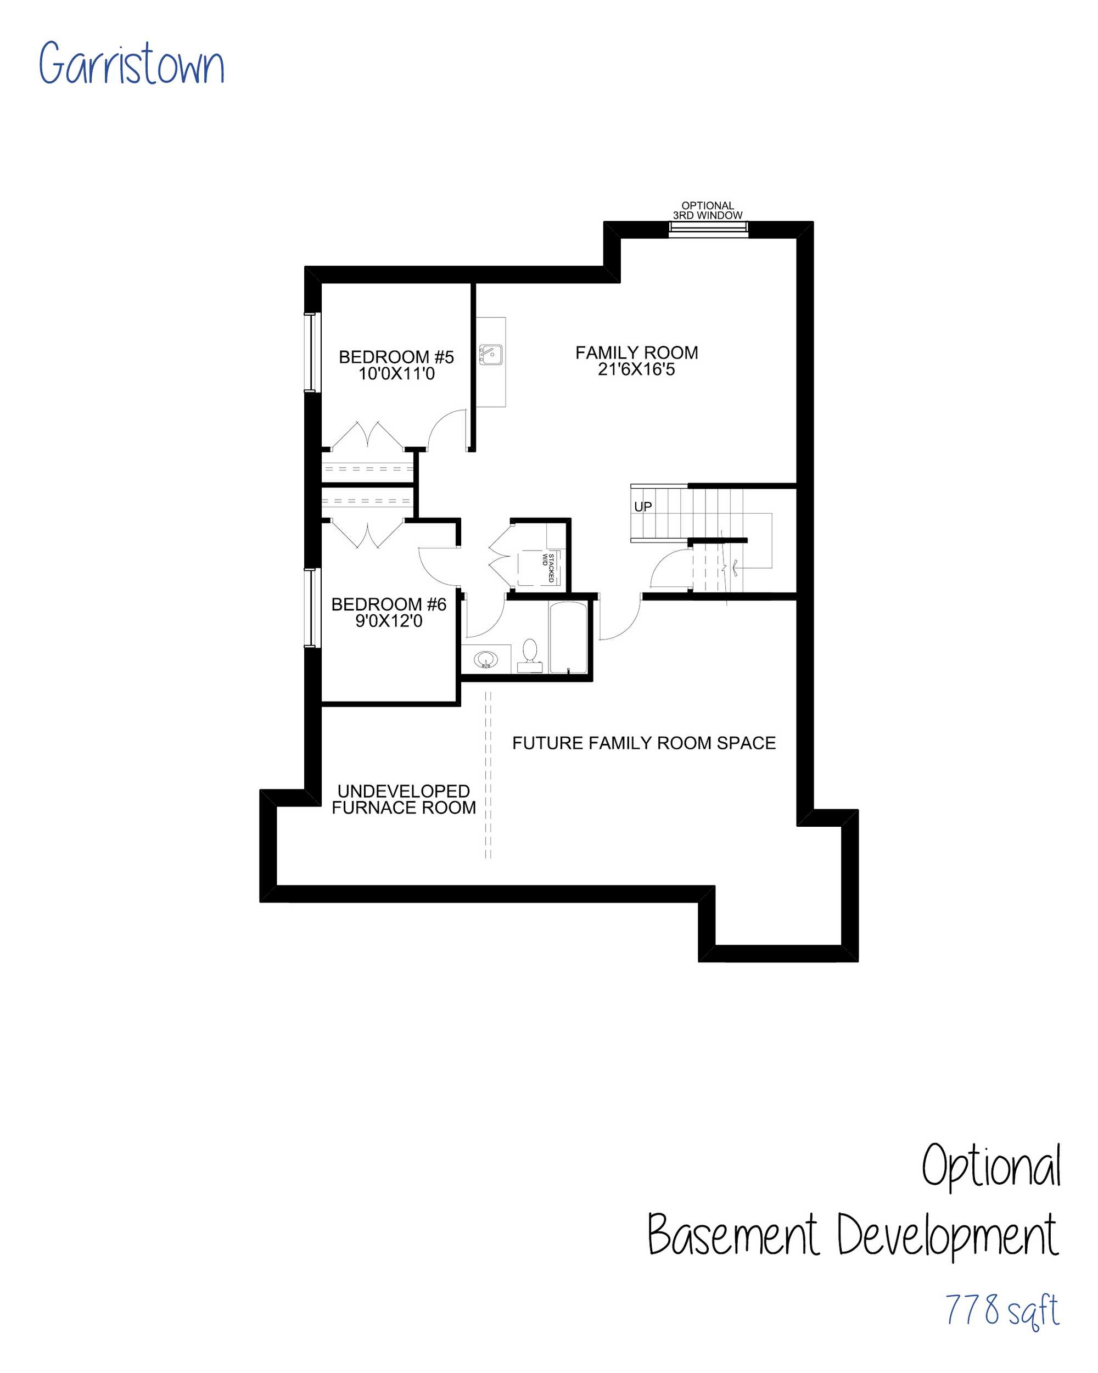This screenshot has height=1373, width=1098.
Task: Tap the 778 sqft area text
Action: tap(1002, 1310)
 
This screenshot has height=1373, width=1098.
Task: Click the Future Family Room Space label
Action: tap(644, 743)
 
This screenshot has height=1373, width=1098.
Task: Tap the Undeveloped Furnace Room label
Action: tap(404, 799)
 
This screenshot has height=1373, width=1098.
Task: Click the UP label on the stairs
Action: tap(643, 506)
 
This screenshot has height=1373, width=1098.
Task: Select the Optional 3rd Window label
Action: tap(708, 211)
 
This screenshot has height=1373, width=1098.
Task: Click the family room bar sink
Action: tap(490, 355)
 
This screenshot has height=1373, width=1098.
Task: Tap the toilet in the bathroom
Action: tap(529, 656)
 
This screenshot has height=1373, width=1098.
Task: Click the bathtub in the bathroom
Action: tap(568, 637)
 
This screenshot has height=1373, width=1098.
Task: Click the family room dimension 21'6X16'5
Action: tap(636, 369)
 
